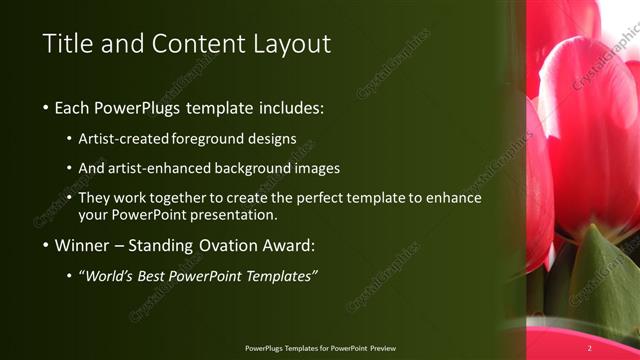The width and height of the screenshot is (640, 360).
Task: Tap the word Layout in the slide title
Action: click(286, 44)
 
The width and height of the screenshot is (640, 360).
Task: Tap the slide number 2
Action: click(590, 348)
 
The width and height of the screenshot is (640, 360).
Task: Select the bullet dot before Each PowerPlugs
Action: click(46, 108)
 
